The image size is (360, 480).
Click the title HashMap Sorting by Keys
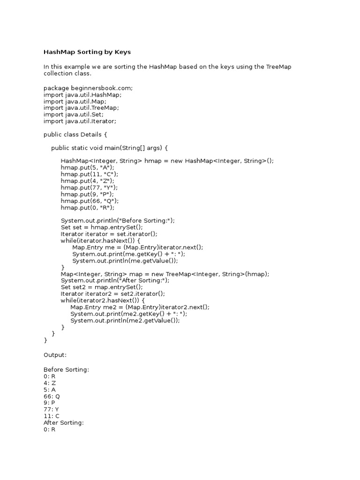point(90,52)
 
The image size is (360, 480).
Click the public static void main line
point(109,148)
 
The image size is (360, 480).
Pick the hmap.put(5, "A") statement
point(87,167)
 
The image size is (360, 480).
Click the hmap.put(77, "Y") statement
point(89,187)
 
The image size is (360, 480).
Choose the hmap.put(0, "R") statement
point(87,207)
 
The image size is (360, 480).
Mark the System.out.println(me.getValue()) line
point(125,261)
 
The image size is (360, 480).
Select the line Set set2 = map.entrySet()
point(102,287)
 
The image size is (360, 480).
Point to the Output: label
point(55,354)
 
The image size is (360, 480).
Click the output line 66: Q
point(52,396)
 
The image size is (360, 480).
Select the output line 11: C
point(51,416)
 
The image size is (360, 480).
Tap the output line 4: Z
point(49,383)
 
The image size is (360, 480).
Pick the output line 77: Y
point(51,409)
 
